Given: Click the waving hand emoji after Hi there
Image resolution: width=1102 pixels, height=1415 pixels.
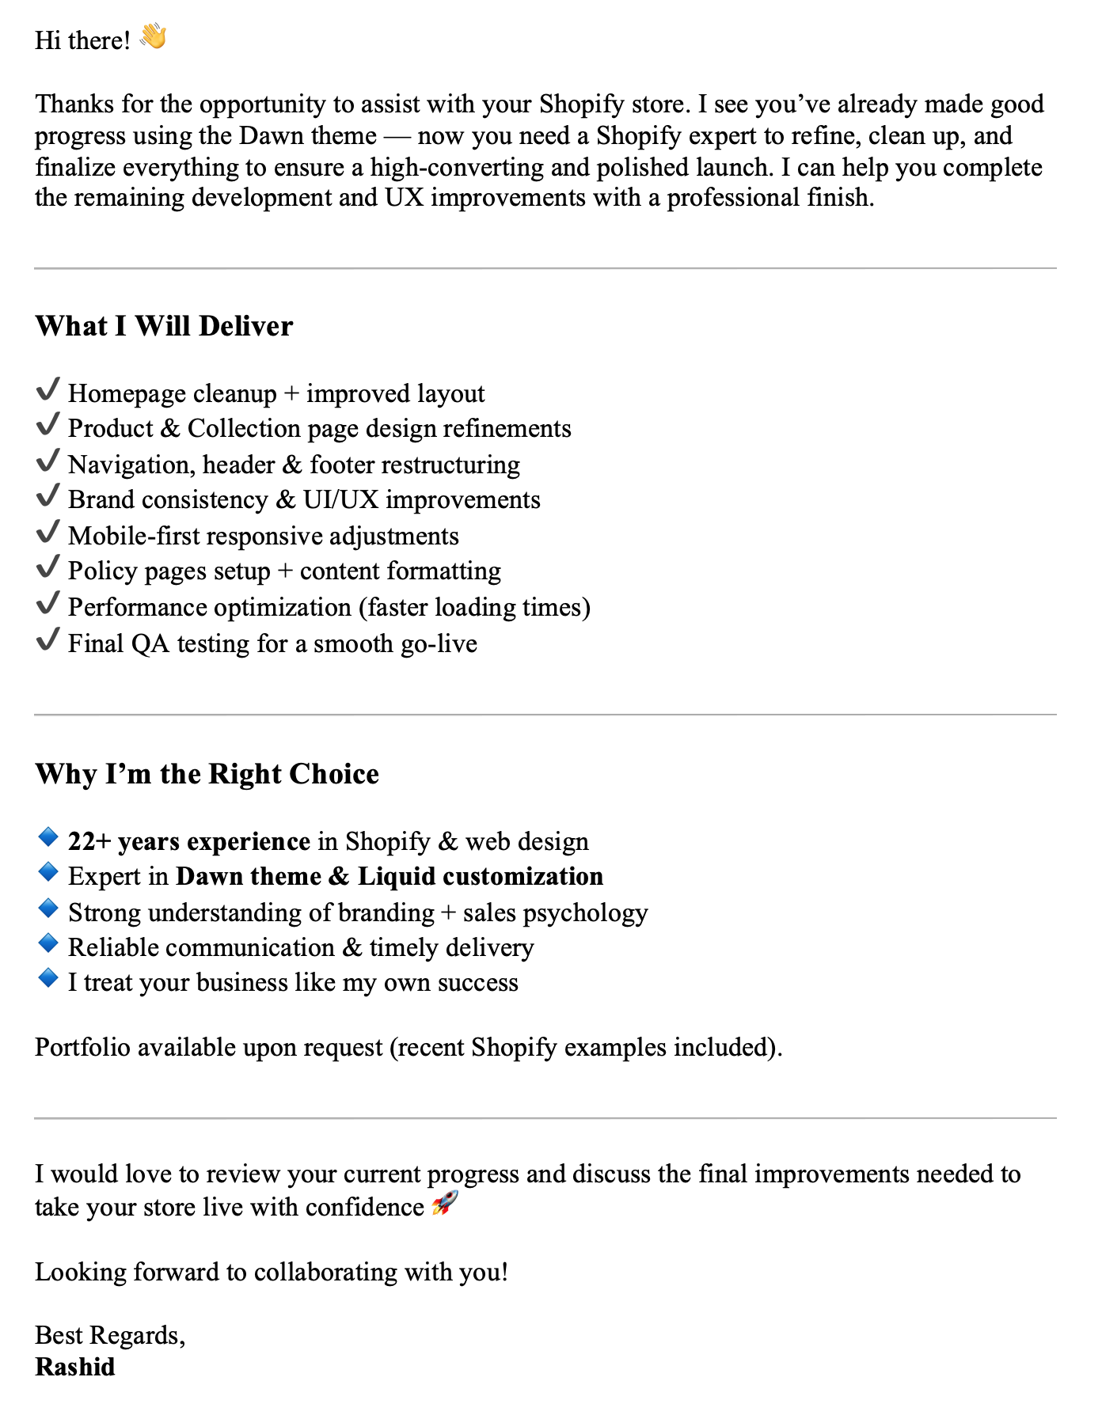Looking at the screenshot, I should [x=153, y=37].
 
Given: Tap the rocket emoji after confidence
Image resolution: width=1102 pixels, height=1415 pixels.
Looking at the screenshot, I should [x=445, y=1204].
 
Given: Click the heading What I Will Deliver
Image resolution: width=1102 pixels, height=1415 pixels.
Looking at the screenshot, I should [x=164, y=326].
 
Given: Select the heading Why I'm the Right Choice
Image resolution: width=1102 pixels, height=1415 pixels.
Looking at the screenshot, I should [x=207, y=774].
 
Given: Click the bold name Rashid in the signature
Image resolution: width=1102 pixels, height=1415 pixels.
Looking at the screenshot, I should [x=75, y=1367].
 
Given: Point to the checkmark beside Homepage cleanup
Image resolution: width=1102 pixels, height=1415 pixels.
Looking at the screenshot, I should [x=48, y=390].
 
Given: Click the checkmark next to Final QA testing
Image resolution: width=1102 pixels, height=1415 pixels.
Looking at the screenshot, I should [x=48, y=639].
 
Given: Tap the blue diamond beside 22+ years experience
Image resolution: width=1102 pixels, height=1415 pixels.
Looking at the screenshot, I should [x=48, y=837].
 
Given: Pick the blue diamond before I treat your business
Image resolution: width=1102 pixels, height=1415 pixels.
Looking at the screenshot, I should [x=48, y=979].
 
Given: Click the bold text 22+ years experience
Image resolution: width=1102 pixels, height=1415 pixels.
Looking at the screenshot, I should [x=189, y=841].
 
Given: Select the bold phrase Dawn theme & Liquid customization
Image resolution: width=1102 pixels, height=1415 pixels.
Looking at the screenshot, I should [x=389, y=877].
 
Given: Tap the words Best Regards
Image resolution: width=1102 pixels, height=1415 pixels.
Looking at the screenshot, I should [x=109, y=1335].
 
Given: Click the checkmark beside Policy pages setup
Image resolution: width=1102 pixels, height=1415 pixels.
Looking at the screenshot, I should [x=48, y=567].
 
